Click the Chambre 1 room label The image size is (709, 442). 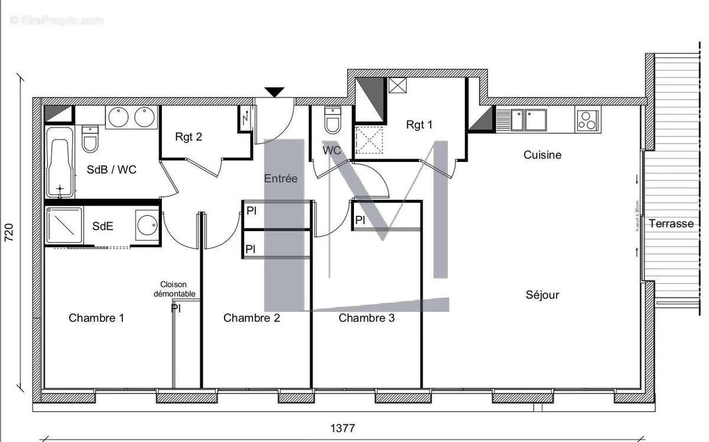pyautogui.click(x=96, y=318)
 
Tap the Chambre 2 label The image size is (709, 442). pyautogui.click(x=251, y=318)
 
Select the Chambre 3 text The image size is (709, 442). pyautogui.click(x=366, y=318)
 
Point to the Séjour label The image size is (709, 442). pyautogui.click(x=542, y=294)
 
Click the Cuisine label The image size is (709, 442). pyautogui.click(x=542, y=155)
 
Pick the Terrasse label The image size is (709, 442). pyautogui.click(x=671, y=223)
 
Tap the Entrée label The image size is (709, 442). pyautogui.click(x=281, y=178)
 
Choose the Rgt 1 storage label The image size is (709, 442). pyautogui.click(x=419, y=125)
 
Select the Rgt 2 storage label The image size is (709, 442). pyautogui.click(x=188, y=137)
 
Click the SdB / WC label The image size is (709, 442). pyautogui.click(x=112, y=170)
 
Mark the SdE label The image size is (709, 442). pyautogui.click(x=103, y=226)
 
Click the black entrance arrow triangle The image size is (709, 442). pyautogui.click(x=274, y=92)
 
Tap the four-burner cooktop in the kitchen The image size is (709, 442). pyautogui.click(x=587, y=121)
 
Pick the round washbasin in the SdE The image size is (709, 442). pyautogui.click(x=147, y=225)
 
